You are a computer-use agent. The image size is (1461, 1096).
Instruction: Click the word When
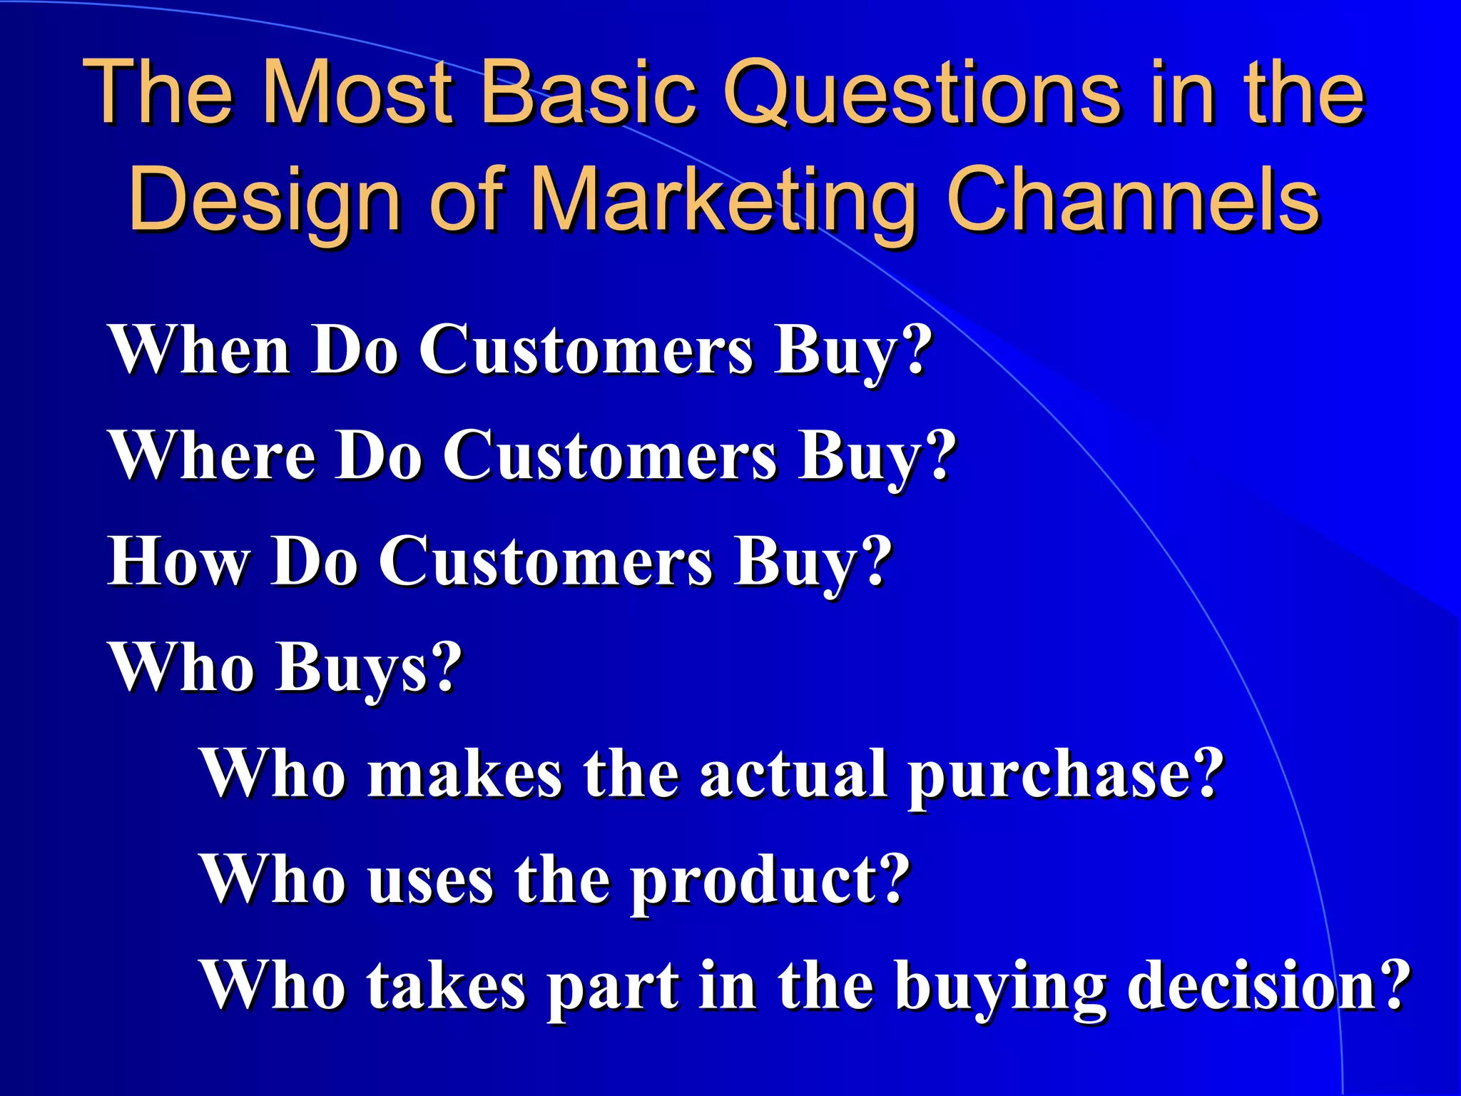click(200, 350)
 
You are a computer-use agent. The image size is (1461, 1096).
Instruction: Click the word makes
click(464, 773)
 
